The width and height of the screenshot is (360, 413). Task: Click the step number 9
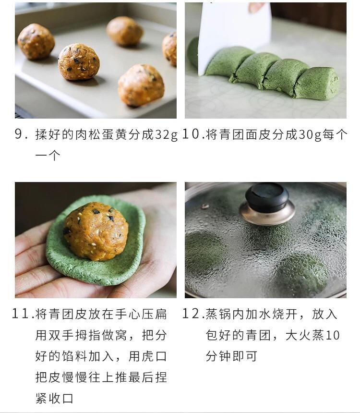[19, 135]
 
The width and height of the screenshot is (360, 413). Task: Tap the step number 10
[191, 135]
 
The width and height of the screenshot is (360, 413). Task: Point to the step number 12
[192, 315]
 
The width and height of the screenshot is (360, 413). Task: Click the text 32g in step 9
[166, 135]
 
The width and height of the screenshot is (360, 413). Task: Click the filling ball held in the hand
[96, 230]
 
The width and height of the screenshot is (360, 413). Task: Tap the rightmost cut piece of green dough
[316, 83]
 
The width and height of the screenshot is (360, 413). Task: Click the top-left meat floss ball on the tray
[36, 41]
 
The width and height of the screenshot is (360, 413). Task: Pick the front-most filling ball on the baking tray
[141, 85]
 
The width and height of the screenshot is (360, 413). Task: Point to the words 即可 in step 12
[248, 356]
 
